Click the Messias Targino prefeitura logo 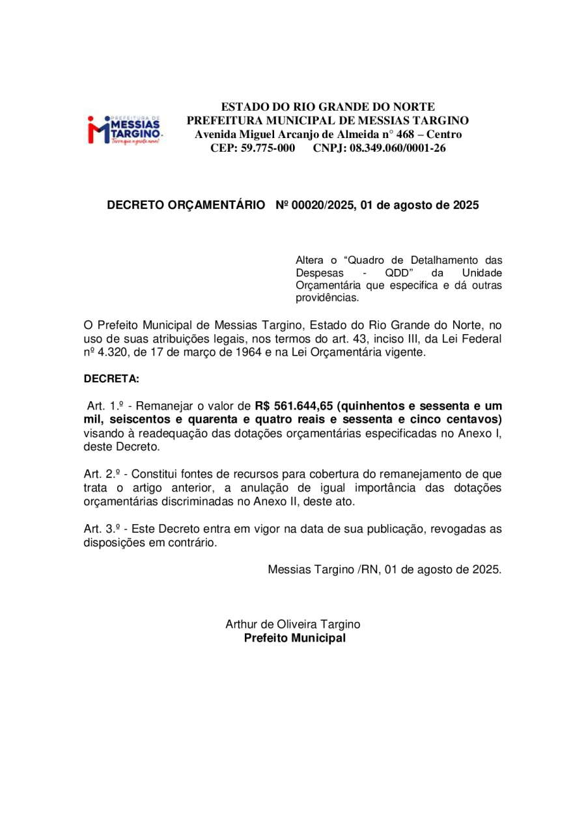click(x=126, y=130)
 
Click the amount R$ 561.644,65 click(x=294, y=405)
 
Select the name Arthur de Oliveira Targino click(x=293, y=623)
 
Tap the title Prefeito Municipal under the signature click(x=294, y=638)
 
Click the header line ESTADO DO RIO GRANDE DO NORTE click(x=328, y=106)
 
